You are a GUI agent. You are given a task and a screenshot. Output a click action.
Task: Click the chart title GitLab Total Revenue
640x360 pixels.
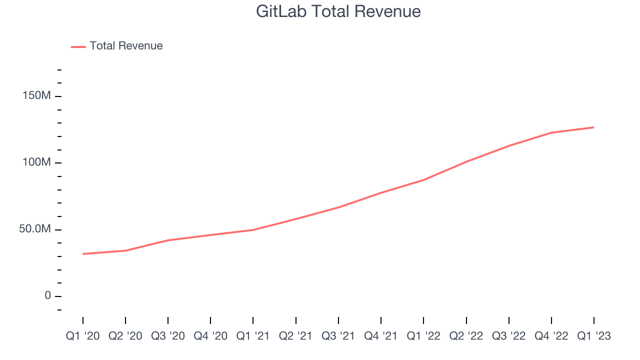pos(338,11)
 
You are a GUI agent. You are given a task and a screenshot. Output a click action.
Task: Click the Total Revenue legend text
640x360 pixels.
pos(126,46)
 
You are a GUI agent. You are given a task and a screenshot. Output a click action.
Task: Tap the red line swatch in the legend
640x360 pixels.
pos(78,46)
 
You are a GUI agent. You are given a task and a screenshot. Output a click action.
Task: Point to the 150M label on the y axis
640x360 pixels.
pos(36,95)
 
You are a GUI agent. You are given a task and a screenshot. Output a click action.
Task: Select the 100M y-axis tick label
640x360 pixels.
pos(36,162)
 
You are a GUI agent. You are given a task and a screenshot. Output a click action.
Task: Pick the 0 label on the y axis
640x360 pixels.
pos(48,295)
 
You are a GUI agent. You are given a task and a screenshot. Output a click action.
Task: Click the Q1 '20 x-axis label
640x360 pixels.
pos(83,336)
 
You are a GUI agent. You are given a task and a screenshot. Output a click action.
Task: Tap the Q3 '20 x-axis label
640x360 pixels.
pos(168,336)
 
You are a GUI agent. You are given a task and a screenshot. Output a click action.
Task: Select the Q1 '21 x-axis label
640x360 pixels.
pos(253,336)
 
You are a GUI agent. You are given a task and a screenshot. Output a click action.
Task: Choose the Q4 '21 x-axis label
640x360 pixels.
pos(381,336)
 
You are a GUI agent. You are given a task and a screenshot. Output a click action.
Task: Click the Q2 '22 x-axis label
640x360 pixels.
pos(466,336)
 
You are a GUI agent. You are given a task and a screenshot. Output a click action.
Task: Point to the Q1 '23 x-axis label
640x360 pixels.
pos(594,336)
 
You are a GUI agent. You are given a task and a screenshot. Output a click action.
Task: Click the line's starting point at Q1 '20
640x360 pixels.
pos(83,254)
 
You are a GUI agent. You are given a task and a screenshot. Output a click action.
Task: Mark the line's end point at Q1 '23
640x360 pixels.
pos(594,127)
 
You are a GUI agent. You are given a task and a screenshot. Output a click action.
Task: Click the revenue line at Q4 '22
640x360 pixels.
pos(551,132)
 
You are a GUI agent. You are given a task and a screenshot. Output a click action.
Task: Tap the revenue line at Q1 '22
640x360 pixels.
pos(423,180)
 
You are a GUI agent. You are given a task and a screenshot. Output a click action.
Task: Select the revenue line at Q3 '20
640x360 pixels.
pos(168,240)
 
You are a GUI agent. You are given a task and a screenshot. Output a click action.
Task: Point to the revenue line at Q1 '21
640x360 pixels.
pos(253,230)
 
